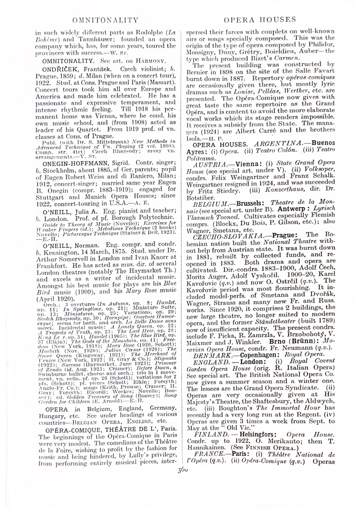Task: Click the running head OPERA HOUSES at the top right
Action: pyautogui.click(x=259, y=20)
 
